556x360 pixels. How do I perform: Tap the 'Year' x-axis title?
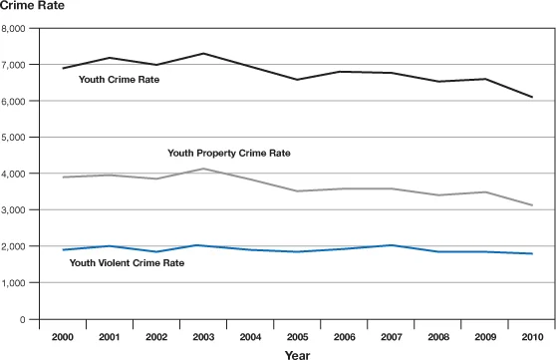[x=296, y=352]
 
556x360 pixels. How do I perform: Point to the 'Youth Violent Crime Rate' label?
[x=126, y=263]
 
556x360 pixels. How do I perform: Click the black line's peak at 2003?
[x=203, y=54]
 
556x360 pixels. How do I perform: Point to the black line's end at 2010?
[x=532, y=97]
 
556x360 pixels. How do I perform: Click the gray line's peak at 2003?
[x=203, y=169]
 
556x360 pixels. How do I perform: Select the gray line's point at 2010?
[x=532, y=205]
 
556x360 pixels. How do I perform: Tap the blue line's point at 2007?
[x=391, y=245]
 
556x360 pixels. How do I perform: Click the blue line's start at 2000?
[x=63, y=250]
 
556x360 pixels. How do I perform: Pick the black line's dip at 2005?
[x=297, y=80]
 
